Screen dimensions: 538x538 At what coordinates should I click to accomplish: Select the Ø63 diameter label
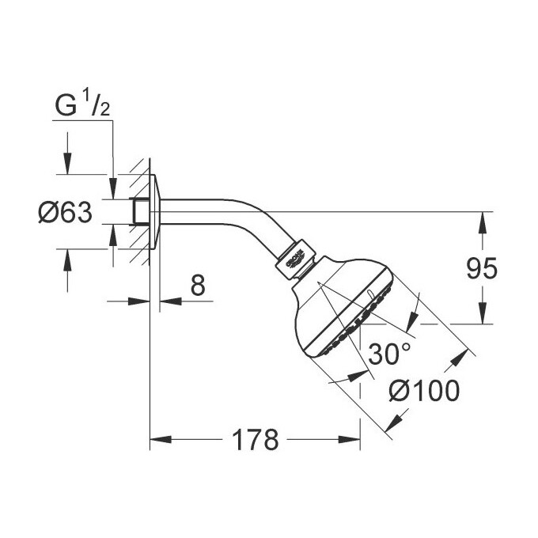66,212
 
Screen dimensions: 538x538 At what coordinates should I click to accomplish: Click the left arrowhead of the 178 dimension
157,438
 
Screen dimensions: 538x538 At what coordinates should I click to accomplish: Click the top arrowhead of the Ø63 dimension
67,168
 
